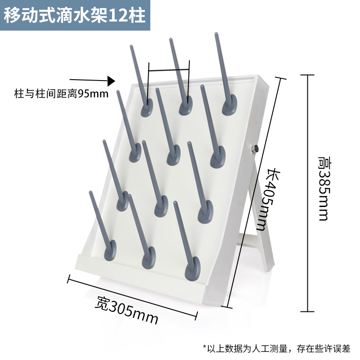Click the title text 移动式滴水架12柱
(75, 15)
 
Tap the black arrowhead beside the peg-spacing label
(111, 81)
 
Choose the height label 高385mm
(323, 189)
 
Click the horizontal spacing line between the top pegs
(169, 70)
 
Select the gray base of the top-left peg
(146, 108)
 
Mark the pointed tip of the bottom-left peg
(90, 193)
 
